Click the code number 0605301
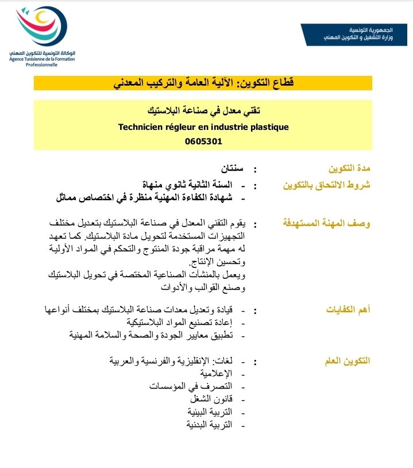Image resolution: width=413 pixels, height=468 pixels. (x=203, y=141)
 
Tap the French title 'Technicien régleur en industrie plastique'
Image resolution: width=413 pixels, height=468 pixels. (x=203, y=126)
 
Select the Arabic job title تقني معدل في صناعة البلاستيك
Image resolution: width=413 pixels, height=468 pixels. (x=203, y=110)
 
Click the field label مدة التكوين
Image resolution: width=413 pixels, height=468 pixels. (x=349, y=169)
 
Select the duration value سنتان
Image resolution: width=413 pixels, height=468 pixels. (x=232, y=169)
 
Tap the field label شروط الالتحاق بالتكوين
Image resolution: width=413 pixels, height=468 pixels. (x=327, y=185)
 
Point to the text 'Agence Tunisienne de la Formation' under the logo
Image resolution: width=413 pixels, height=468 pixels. (x=38, y=59)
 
